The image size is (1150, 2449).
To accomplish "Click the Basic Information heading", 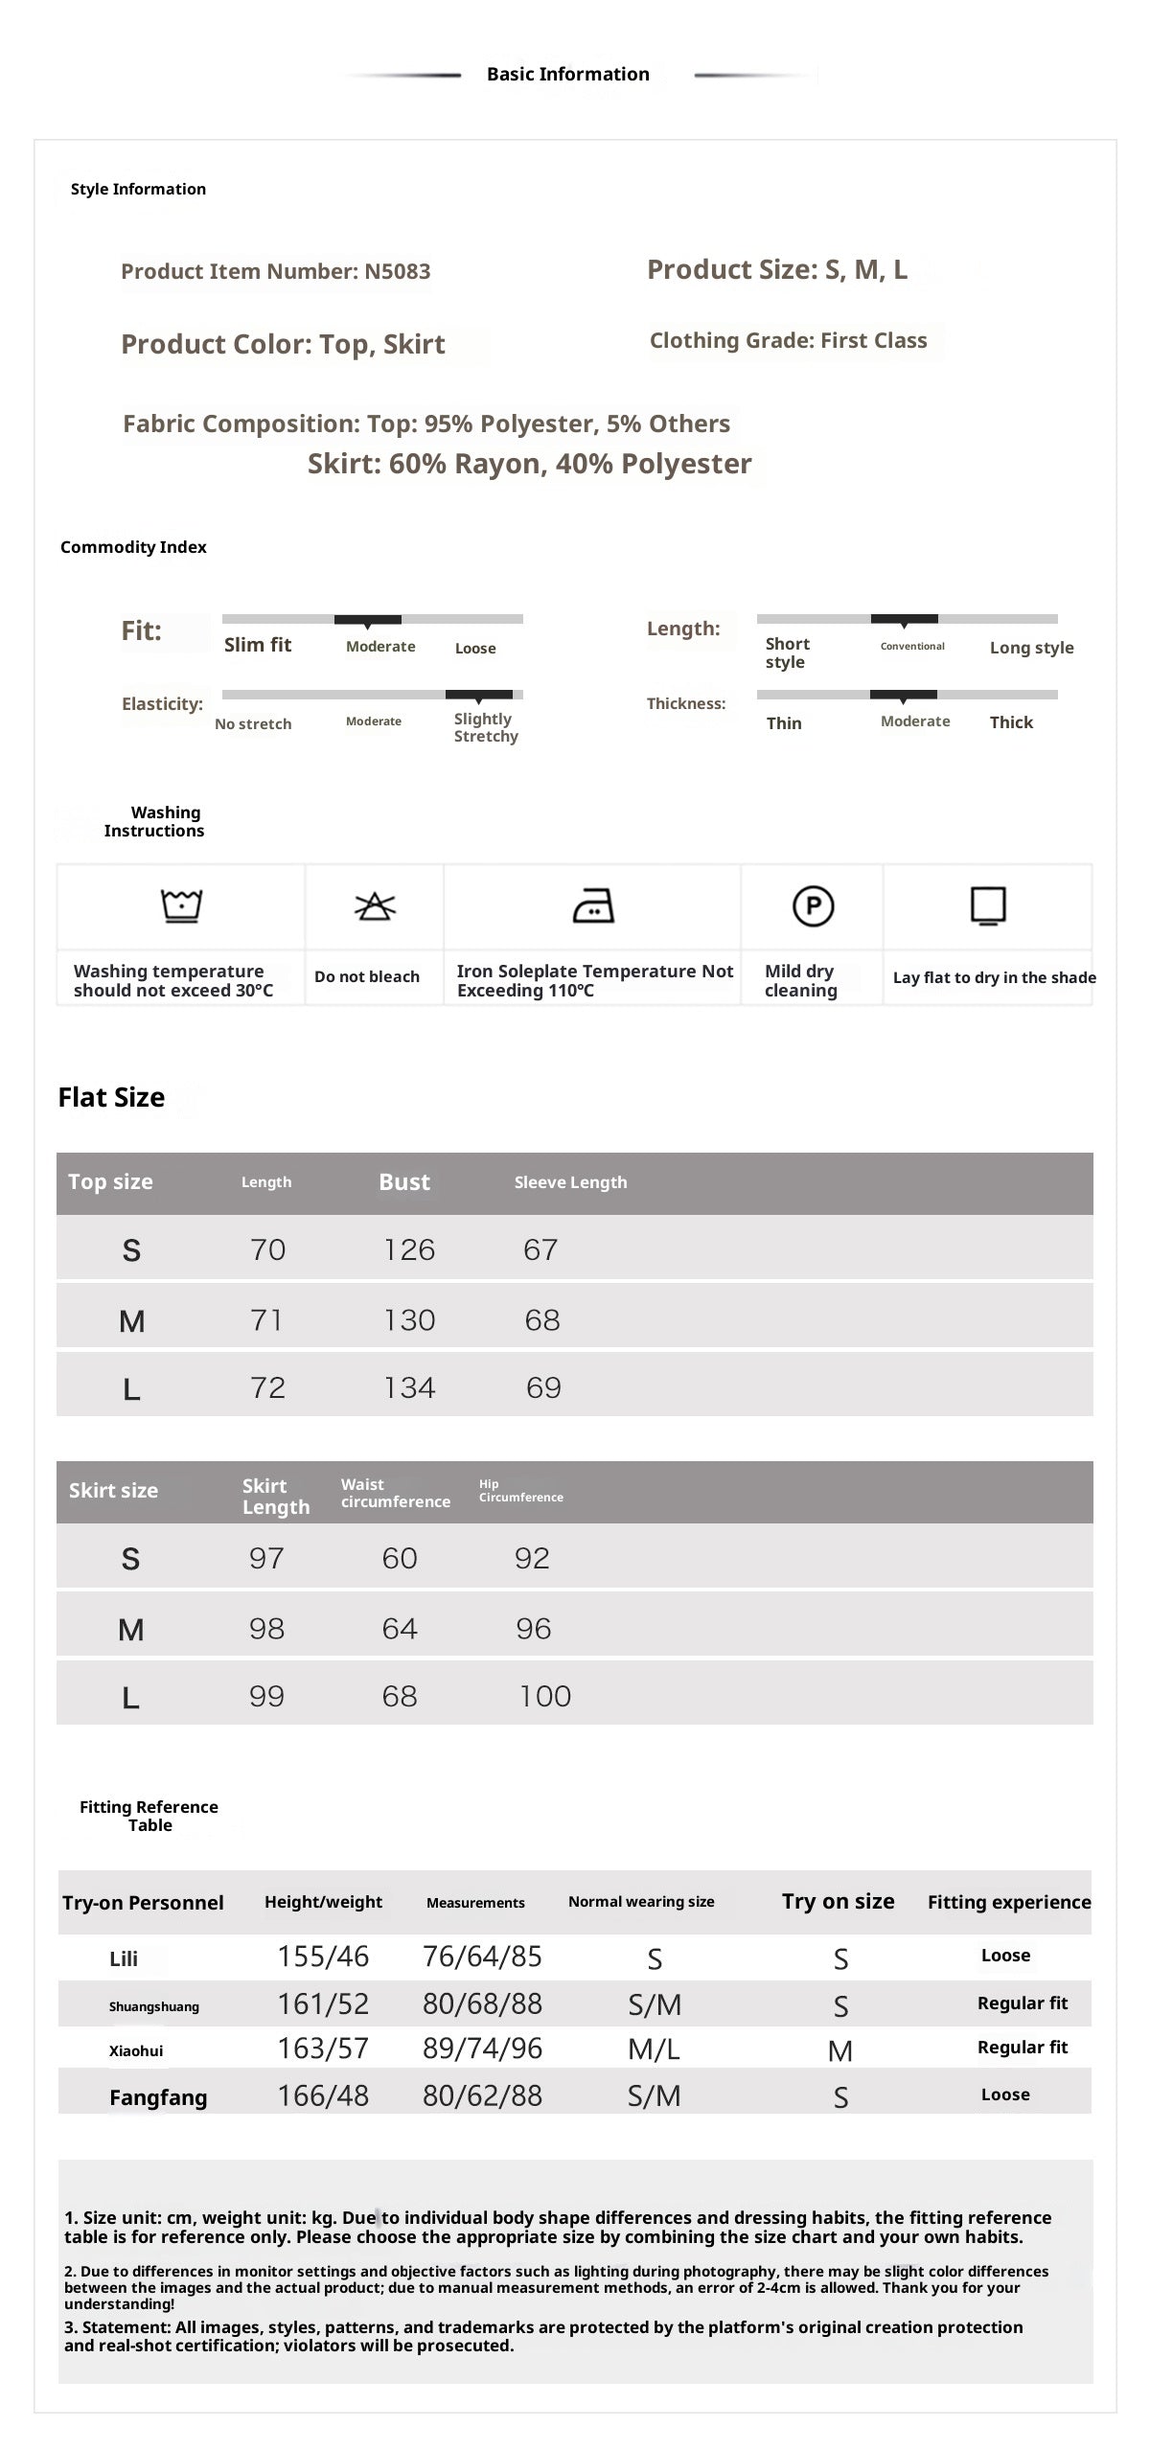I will tap(567, 74).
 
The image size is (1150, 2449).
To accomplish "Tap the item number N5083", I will tap(397, 271).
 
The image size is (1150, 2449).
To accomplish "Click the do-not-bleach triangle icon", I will tap(375, 905).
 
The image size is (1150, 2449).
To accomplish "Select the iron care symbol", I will tap(592, 905).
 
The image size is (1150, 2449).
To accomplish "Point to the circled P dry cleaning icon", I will tap(813, 905).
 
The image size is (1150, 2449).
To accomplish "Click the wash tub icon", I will tap(181, 905).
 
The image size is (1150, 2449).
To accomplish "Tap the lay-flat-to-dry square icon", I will tap(988, 905).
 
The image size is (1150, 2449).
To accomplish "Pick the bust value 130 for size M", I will tap(409, 1320).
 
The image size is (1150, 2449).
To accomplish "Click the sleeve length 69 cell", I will tap(543, 1387).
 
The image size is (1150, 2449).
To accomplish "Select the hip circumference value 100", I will tap(544, 1696).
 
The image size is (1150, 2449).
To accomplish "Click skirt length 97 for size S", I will tap(266, 1558).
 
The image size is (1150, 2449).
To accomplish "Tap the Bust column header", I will tap(404, 1181).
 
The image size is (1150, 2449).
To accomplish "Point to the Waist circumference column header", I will tap(395, 1493).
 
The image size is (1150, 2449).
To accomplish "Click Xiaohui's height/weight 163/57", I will tap(323, 2048).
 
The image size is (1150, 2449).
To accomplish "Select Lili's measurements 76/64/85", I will tap(482, 1957).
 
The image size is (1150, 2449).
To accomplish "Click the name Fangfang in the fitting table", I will tap(158, 2097).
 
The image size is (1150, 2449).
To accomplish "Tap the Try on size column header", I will tap(838, 1901).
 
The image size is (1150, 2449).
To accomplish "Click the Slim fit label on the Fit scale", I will tap(258, 645).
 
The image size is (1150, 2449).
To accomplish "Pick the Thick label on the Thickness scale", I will tap(1011, 722).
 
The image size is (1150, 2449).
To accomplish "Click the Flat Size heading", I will tap(111, 1097).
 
